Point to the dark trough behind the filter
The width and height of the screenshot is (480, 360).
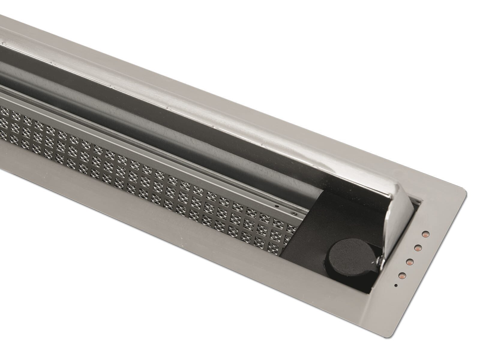click(x=210, y=126)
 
